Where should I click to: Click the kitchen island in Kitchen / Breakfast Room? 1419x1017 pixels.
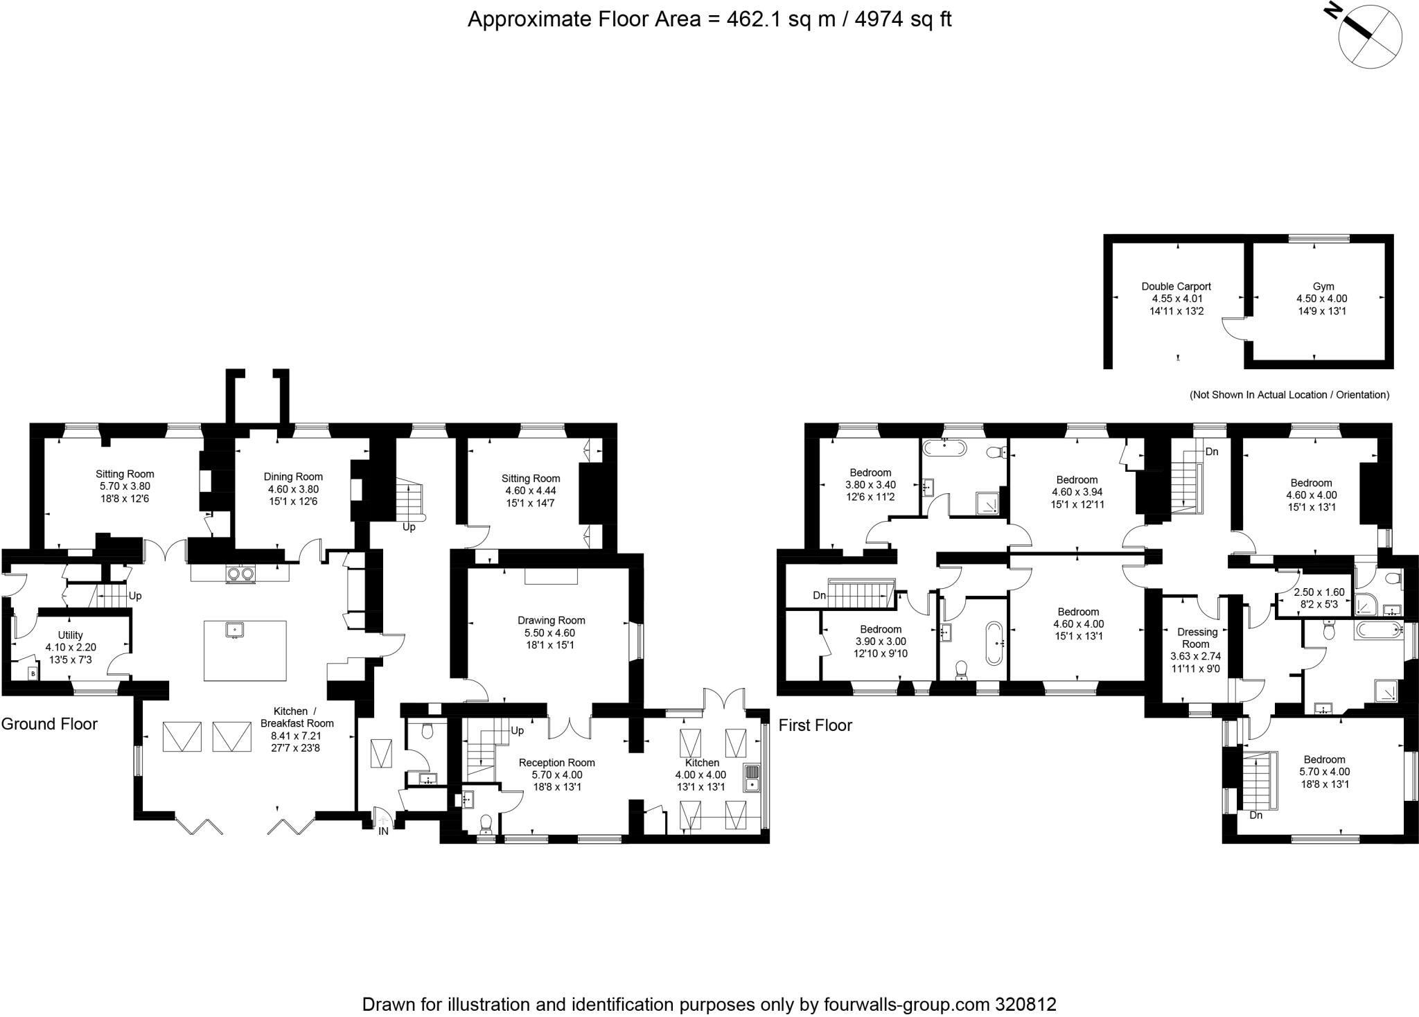tap(245, 651)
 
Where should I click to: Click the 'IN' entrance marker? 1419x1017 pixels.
tap(382, 831)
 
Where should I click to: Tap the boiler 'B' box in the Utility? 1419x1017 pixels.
tap(33, 673)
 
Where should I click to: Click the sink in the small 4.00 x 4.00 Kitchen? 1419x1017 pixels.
tap(752, 777)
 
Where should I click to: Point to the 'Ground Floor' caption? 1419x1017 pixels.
tap(49, 724)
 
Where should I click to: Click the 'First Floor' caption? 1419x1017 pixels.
tap(816, 725)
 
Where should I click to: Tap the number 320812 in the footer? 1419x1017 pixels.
tap(1026, 1005)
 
